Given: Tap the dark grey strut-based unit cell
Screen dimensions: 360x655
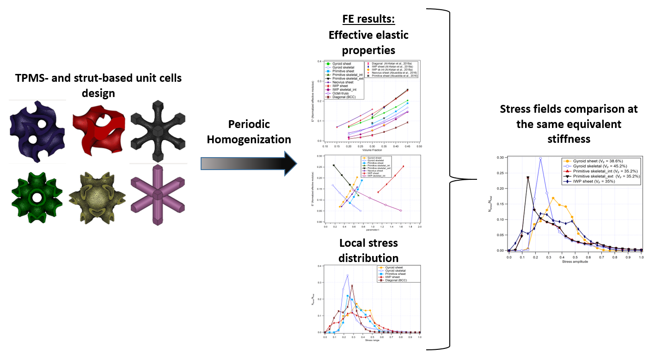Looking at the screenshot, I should coord(158,130).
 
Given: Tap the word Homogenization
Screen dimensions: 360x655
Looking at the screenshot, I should coord(249,139).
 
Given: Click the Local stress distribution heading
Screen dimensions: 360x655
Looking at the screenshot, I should coord(368,250).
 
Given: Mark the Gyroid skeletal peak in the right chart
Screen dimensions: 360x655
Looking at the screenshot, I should coord(540,159).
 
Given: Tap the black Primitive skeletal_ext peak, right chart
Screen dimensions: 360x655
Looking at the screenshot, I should coord(527,177).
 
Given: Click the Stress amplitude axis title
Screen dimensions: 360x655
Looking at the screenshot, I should coord(575,262).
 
